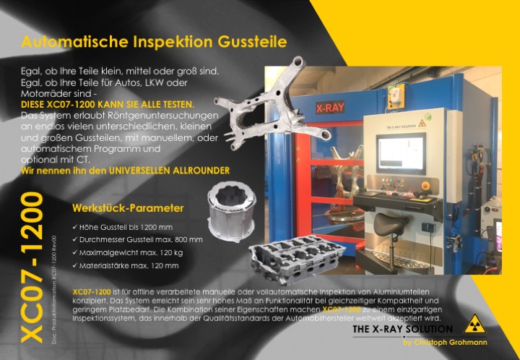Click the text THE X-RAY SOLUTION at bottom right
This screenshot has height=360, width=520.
(402, 330)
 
